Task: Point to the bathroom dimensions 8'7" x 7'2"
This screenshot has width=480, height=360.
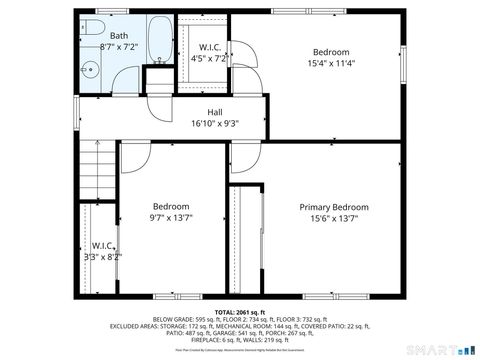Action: tap(118, 47)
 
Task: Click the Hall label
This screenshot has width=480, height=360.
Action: tap(215, 112)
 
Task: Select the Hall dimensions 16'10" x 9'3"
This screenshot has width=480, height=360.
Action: tap(215, 124)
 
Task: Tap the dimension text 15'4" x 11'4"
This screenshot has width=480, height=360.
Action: tap(330, 64)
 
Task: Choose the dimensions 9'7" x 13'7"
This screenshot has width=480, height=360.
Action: tap(171, 219)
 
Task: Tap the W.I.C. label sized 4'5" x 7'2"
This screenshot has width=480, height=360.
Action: tap(210, 47)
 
